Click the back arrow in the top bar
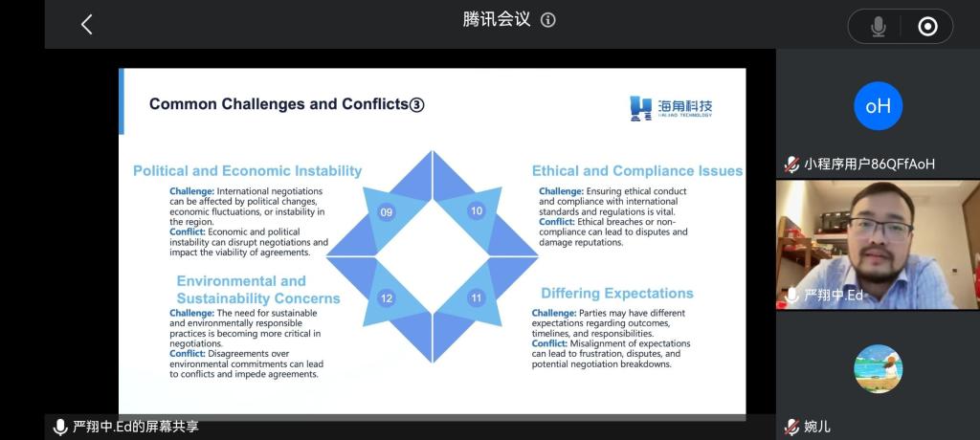(86, 25)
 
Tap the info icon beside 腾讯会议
(548, 20)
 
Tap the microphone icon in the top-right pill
(879, 26)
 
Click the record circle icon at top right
(927, 26)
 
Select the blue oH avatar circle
(879, 105)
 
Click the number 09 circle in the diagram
(387, 212)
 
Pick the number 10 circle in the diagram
(477, 210)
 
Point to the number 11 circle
(477, 298)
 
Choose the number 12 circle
(387, 298)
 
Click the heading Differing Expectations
(617, 293)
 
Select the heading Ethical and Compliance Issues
(637, 170)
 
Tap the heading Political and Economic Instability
(248, 170)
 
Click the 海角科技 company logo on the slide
(671, 107)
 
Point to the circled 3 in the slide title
(416, 105)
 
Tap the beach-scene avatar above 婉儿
(879, 369)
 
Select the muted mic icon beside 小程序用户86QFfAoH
(791, 165)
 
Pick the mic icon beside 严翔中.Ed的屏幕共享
(60, 428)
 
